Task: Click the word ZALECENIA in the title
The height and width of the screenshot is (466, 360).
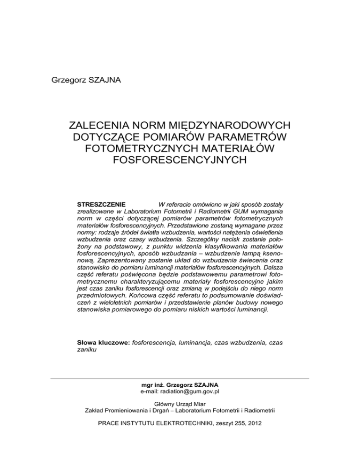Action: pyautogui.click(x=98, y=126)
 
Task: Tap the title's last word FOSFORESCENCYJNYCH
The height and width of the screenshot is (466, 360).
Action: pyautogui.click(x=180, y=160)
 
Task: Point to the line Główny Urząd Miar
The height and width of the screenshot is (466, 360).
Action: pyautogui.click(x=180, y=404)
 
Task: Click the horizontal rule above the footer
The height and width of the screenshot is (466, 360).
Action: pyautogui.click(x=180, y=378)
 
